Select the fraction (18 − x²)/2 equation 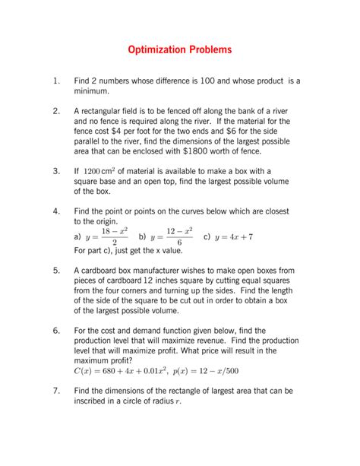[x=106, y=236]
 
